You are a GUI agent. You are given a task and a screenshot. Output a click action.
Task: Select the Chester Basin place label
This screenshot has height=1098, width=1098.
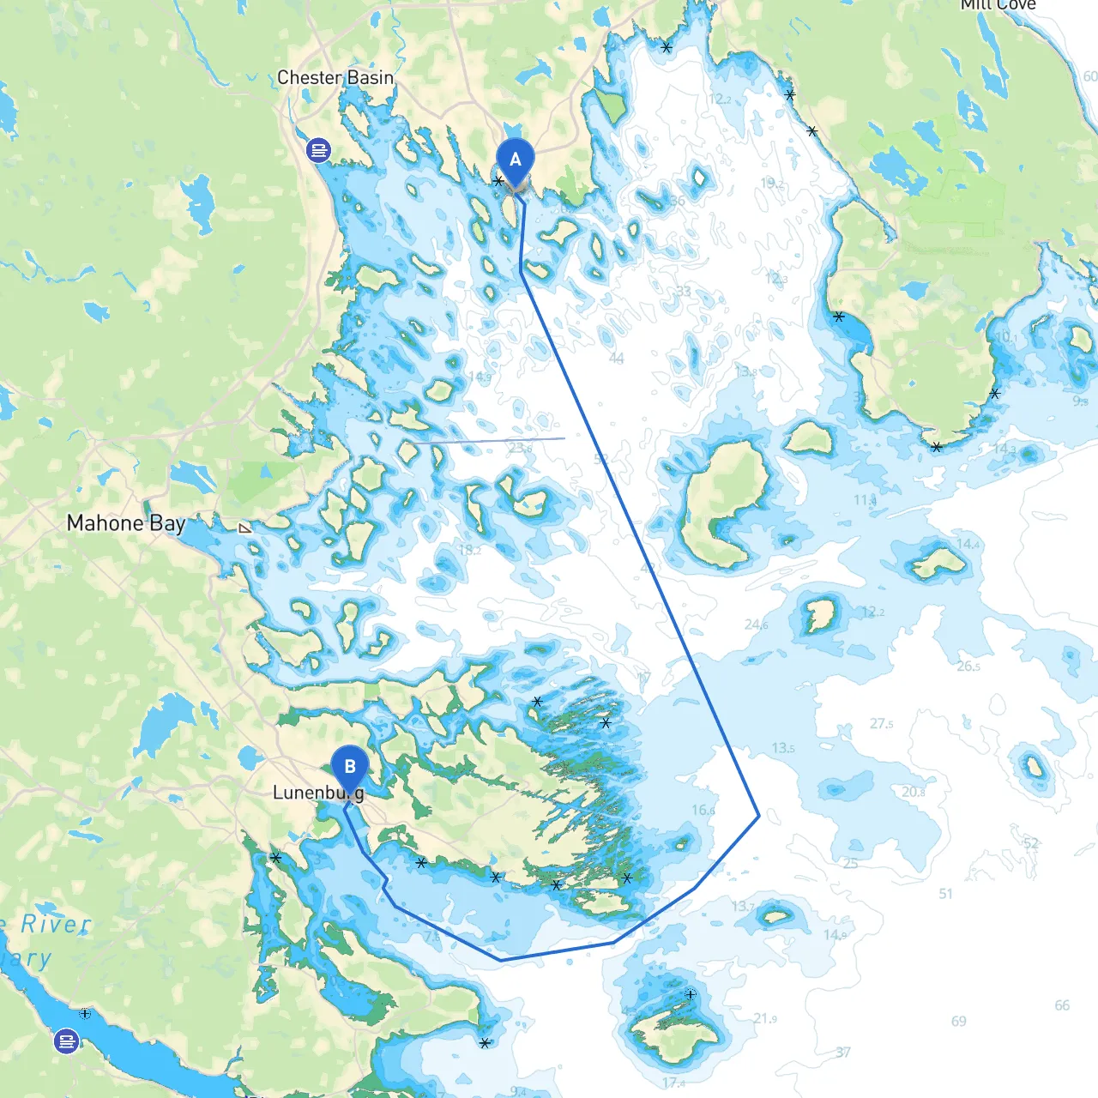tap(335, 77)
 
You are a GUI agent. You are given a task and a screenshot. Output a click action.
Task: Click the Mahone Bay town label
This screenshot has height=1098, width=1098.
tap(126, 523)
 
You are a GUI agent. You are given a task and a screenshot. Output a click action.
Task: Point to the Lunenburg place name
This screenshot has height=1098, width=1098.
tap(318, 793)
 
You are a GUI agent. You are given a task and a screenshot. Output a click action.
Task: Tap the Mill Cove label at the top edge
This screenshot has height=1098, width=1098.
tap(998, 5)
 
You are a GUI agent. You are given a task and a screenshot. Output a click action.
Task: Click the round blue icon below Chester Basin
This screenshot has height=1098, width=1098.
tap(318, 151)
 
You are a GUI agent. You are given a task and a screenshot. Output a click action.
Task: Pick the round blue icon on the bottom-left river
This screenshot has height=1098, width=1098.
tap(66, 1041)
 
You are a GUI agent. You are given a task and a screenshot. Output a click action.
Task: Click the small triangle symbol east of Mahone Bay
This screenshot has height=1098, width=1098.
tap(245, 528)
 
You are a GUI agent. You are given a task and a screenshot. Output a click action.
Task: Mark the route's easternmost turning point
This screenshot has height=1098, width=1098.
tap(759, 816)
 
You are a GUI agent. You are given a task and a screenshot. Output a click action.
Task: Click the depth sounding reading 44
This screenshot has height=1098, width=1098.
tap(616, 359)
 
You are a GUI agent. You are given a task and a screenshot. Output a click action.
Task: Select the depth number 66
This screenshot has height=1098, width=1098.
tap(1062, 1005)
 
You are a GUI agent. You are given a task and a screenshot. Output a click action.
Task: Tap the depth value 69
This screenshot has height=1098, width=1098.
tap(958, 1022)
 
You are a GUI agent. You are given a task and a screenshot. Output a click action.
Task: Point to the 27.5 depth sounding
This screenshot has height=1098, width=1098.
tap(881, 724)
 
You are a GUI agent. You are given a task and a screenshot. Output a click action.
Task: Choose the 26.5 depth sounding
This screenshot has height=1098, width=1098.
tap(968, 667)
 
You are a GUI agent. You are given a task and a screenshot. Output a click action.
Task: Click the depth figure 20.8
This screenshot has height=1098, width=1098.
tap(914, 793)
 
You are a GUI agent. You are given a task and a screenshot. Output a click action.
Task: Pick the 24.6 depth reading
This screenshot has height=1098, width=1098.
tap(756, 624)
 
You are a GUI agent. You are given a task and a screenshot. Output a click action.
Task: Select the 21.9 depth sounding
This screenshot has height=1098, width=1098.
tap(765, 1019)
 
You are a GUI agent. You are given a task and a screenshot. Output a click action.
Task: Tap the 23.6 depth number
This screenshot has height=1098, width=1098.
tap(520, 448)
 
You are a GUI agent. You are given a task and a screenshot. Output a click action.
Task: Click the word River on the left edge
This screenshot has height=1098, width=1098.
tap(55, 925)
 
